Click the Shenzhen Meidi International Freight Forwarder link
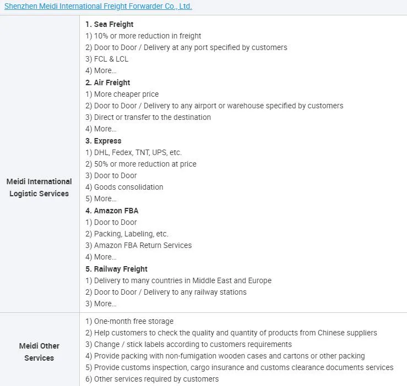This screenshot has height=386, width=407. tap(98, 7)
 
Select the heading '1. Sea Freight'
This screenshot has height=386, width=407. tap(109, 24)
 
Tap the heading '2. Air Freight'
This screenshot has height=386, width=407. tap(107, 82)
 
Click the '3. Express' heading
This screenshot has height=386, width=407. tap(103, 141)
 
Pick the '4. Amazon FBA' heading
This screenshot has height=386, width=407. tap(112, 211)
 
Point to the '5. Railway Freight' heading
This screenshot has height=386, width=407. tap(116, 269)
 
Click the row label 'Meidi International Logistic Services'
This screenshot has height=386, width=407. tap(39, 188)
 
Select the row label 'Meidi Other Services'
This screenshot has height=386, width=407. tap(39, 352)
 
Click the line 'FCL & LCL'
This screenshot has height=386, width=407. tap(107, 59)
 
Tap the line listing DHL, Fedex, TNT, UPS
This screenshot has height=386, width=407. tap(133, 152)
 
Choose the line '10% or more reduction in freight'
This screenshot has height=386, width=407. tap(143, 36)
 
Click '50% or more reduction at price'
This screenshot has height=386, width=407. tap(141, 164)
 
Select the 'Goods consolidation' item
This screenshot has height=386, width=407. tap(124, 187)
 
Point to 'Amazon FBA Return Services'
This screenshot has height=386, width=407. tap(139, 245)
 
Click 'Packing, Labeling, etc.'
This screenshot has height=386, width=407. tap(127, 234)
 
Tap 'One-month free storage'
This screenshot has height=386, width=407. tap(129, 321)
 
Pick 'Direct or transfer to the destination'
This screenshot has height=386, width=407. tap(148, 117)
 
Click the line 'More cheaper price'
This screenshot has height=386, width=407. tap(122, 94)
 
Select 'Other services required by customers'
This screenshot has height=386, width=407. tap(152, 379)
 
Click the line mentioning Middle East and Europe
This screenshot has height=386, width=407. tap(178, 280)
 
